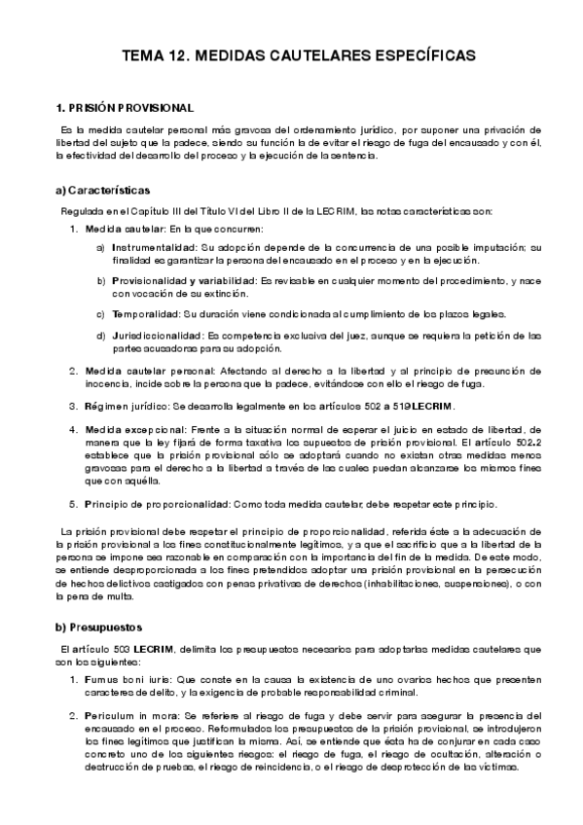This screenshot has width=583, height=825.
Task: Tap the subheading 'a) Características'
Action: click(x=102, y=190)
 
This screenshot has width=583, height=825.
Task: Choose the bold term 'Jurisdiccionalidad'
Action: click(x=159, y=336)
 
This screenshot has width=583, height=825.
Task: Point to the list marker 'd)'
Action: click(x=101, y=336)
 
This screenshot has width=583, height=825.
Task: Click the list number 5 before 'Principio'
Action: click(x=73, y=504)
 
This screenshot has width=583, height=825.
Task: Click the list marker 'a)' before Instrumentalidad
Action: click(x=101, y=248)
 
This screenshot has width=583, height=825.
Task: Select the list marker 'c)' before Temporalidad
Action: click(x=101, y=313)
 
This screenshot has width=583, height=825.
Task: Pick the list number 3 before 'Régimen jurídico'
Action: click(x=73, y=406)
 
